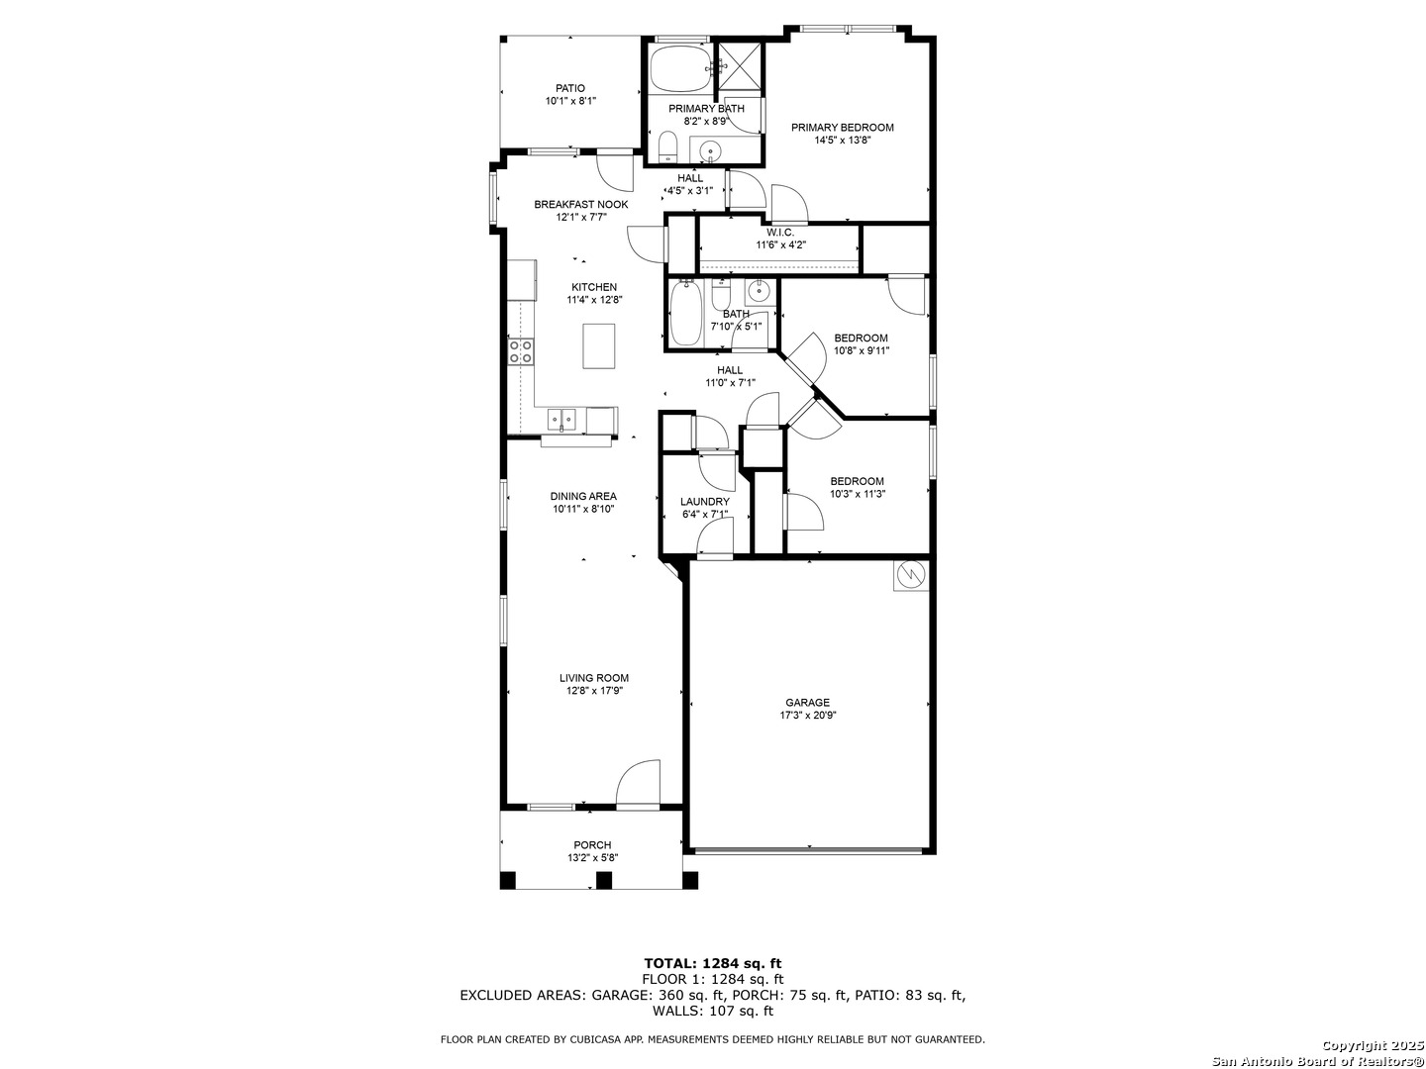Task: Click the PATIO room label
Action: pos(569,88)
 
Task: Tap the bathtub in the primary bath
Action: pos(681,69)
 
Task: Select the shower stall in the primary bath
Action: pos(741,68)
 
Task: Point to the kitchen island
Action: pos(598,346)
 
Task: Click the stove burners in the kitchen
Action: pos(520,351)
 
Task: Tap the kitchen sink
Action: pos(560,420)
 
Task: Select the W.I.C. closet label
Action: pos(780,233)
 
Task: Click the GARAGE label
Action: pos(807,703)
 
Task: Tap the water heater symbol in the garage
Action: pos(911,574)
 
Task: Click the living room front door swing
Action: pos(638,783)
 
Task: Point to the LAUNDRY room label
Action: pos(705,502)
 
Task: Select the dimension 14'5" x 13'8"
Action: pos(843,141)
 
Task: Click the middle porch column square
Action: pos(604,881)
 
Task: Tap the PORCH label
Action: pos(592,845)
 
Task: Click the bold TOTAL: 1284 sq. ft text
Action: pos(713,963)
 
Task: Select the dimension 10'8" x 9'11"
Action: pos(862,351)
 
